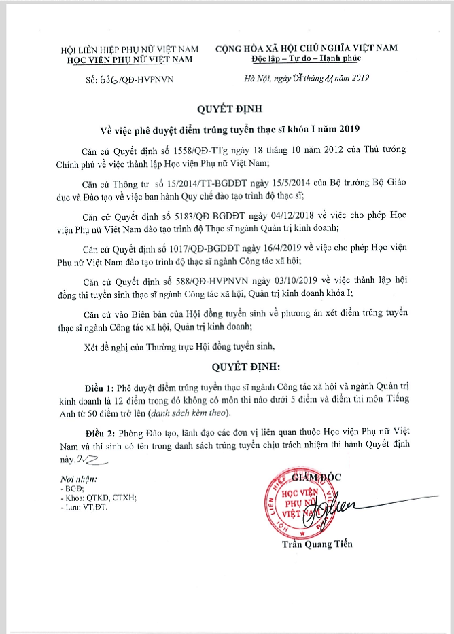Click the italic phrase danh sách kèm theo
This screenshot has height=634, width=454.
point(192,413)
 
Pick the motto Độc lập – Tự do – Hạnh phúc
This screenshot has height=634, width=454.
point(305,59)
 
